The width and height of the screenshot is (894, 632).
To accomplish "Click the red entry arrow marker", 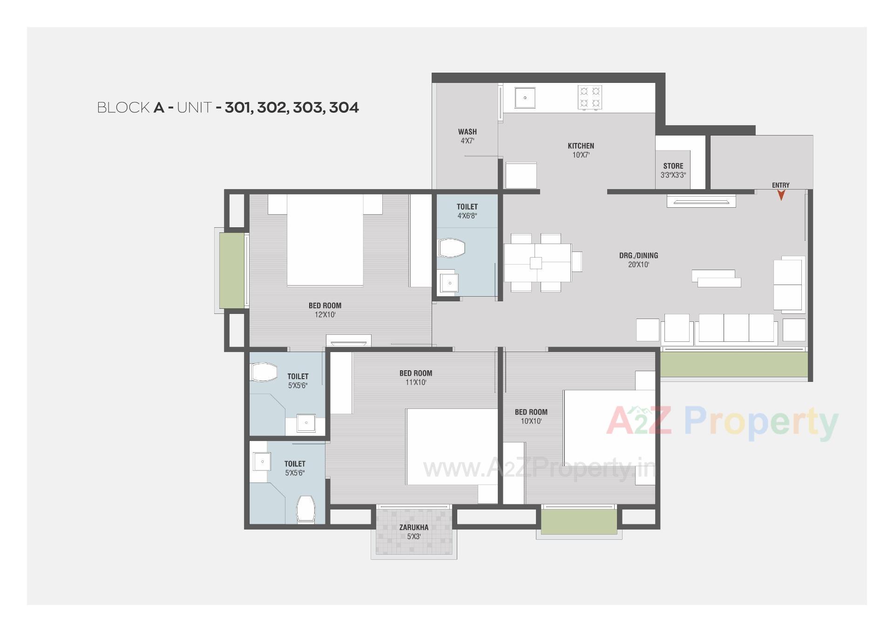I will [x=781, y=196].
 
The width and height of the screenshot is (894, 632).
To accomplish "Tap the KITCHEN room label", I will [x=581, y=146].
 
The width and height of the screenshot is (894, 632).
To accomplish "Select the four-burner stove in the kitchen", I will [x=589, y=97].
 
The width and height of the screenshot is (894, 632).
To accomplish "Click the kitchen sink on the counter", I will [x=525, y=98].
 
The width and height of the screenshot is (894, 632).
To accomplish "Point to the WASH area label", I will [x=467, y=132].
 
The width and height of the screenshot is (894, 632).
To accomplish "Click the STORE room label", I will [x=673, y=166].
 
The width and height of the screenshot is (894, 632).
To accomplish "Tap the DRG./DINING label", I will [x=638, y=255].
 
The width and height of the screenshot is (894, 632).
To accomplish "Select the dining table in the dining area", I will [x=537, y=263].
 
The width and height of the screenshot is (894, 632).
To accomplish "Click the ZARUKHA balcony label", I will [x=413, y=527].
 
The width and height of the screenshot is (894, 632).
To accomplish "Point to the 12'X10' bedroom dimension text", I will [x=325, y=315].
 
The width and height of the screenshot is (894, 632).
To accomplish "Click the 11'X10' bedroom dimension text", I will [x=416, y=382].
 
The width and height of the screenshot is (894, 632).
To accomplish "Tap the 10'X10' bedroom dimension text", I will [x=531, y=421].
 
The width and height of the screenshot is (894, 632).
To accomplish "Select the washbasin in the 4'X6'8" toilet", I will [x=449, y=283].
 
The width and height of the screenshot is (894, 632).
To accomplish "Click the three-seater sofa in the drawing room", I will [x=736, y=329].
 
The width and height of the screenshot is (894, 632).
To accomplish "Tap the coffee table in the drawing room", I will [x=716, y=279].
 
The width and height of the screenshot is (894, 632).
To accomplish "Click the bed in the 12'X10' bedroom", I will [x=325, y=240].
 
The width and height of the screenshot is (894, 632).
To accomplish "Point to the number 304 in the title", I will [x=344, y=108].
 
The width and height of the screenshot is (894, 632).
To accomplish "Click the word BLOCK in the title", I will [x=123, y=108].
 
